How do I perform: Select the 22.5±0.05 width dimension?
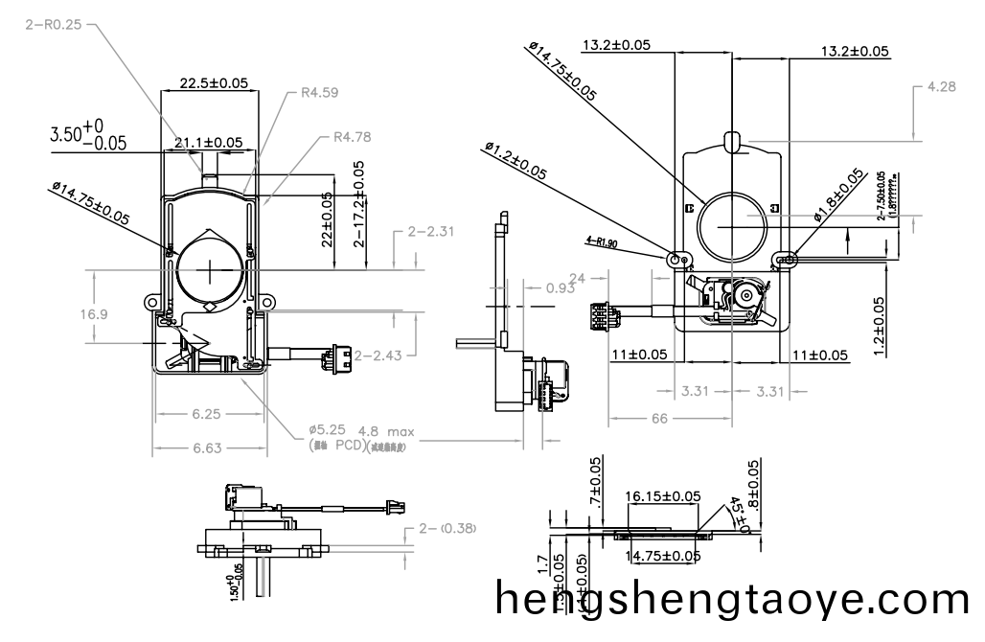click(x=207, y=83)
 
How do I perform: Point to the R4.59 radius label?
click(x=319, y=93)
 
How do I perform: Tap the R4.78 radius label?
click(x=352, y=137)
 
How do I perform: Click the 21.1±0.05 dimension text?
click(x=208, y=143)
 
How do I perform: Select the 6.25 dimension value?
click(x=206, y=415)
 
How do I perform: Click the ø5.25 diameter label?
click(x=329, y=431)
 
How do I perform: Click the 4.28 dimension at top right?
click(x=941, y=87)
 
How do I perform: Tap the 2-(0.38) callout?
click(x=448, y=529)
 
